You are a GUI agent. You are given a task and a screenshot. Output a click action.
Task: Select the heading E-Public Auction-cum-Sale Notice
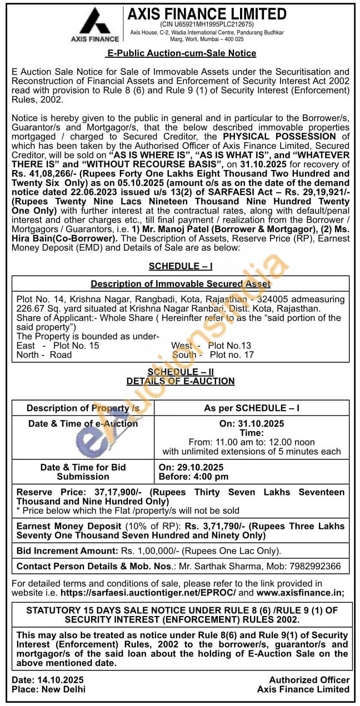click(181, 53)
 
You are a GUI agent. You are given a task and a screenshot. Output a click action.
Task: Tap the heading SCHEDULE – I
click(181, 267)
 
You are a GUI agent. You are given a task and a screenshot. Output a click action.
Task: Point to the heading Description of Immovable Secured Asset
click(181, 284)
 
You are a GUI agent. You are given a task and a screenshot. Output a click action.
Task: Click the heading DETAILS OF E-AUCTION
click(181, 381)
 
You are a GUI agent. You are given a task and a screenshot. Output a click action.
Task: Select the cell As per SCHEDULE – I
click(252, 408)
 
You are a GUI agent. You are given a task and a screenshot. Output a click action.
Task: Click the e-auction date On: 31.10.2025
click(252, 424)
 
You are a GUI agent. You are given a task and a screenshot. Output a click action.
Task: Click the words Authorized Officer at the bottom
click(309, 680)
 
